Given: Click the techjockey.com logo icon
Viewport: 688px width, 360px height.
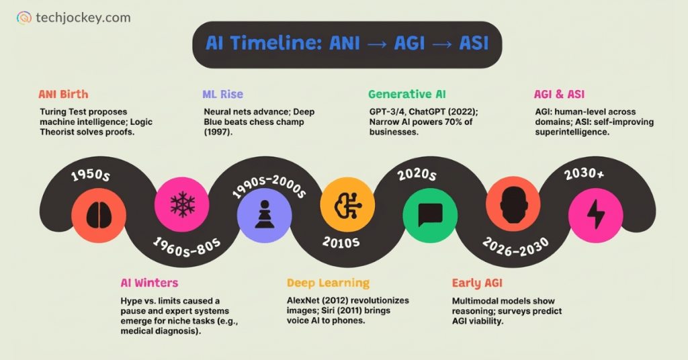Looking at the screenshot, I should (24, 18).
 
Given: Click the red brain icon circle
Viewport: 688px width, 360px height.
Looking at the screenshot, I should (99, 215).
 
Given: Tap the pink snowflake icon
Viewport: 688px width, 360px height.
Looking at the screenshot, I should (182, 206).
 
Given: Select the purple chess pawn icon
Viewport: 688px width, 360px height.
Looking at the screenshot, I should (265, 215).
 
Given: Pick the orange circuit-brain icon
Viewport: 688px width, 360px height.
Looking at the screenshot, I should (347, 206).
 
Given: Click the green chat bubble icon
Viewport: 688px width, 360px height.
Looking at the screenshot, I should (430, 215).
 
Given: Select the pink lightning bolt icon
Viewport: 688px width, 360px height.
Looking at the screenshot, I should (596, 215).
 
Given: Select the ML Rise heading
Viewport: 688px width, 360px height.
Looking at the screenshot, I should (223, 95).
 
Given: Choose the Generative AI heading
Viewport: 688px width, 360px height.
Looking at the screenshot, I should (406, 95).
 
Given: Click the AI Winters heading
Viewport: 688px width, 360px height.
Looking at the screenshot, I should (149, 283).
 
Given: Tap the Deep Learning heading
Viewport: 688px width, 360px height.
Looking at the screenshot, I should (328, 283).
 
